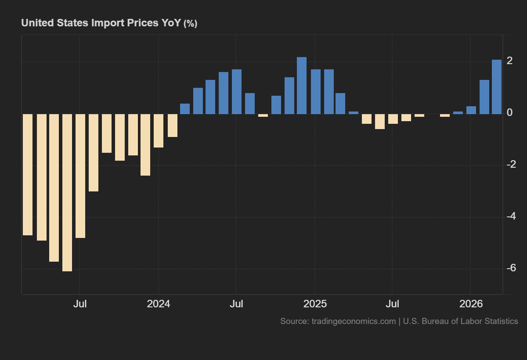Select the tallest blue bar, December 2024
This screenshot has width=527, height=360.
click(302, 86)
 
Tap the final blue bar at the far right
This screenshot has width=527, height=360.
click(496, 87)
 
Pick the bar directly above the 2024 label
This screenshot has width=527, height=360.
click(159, 130)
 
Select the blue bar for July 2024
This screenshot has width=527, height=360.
click(237, 92)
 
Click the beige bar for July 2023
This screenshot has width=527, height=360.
click(80, 176)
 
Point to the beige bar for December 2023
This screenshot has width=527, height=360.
click(145, 145)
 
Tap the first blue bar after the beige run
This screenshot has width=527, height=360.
click(185, 109)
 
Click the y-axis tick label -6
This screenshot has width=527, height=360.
click(510, 268)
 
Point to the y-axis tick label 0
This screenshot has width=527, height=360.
click(509, 113)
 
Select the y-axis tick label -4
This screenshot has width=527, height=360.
click(510, 216)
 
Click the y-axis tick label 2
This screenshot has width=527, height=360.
click(509, 61)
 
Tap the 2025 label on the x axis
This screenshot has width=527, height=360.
click(315, 304)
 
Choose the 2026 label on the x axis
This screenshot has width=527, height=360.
click(471, 304)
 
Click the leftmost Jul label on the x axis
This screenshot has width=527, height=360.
click(79, 304)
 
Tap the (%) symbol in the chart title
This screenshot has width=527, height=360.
click(190, 23)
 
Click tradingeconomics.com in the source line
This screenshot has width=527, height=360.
click(354, 321)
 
